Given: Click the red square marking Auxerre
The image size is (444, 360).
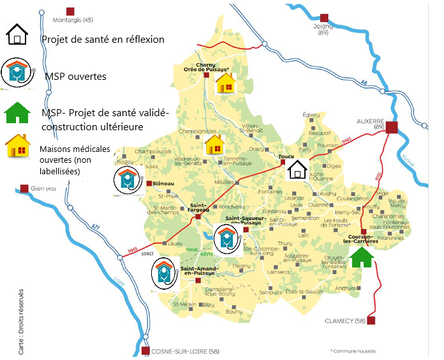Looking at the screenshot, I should [392, 127].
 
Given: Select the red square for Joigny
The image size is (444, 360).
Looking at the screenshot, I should [325, 18].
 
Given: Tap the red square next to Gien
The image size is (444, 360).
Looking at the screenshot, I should [24, 188].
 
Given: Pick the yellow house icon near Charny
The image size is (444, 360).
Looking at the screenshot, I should [225, 83].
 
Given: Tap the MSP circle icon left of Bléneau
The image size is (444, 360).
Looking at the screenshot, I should [126, 181].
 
